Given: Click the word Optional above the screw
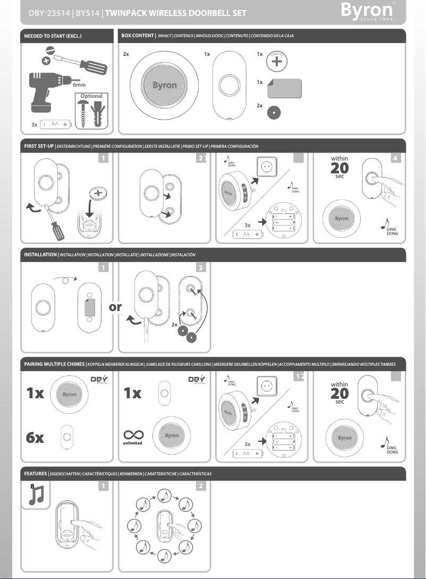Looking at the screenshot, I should coord(91,96).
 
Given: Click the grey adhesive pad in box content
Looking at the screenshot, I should coord(285,87).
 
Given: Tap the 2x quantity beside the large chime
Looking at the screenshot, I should coord(126,54).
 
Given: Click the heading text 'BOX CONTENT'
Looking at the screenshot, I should coord(138,36).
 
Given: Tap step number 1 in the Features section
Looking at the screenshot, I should coord(105,485).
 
